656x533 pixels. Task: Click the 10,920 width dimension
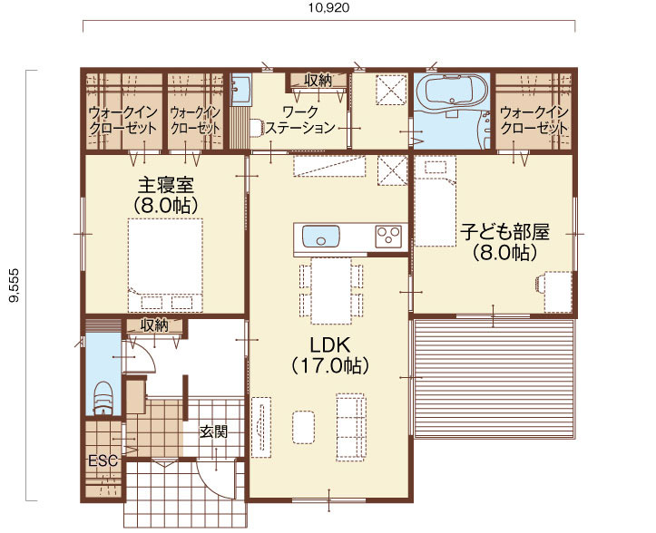[x=328, y=7]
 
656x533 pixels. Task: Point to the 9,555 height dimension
[x=15, y=286]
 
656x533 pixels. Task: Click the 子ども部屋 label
[x=504, y=232]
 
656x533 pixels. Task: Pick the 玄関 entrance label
[x=213, y=431]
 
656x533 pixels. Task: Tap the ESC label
[x=103, y=460]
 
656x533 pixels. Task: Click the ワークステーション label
[x=300, y=120]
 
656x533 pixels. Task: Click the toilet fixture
[x=103, y=399]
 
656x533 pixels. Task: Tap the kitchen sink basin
[x=320, y=237]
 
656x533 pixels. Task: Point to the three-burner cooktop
[x=388, y=237]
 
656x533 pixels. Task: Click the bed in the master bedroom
[x=166, y=265]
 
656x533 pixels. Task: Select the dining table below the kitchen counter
[x=331, y=291]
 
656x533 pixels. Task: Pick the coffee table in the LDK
[x=303, y=427]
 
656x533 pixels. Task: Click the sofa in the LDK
[x=351, y=427]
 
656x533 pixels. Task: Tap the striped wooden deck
[x=494, y=379]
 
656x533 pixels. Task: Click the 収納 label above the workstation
[x=318, y=80]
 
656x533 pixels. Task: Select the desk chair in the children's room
[x=539, y=283]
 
